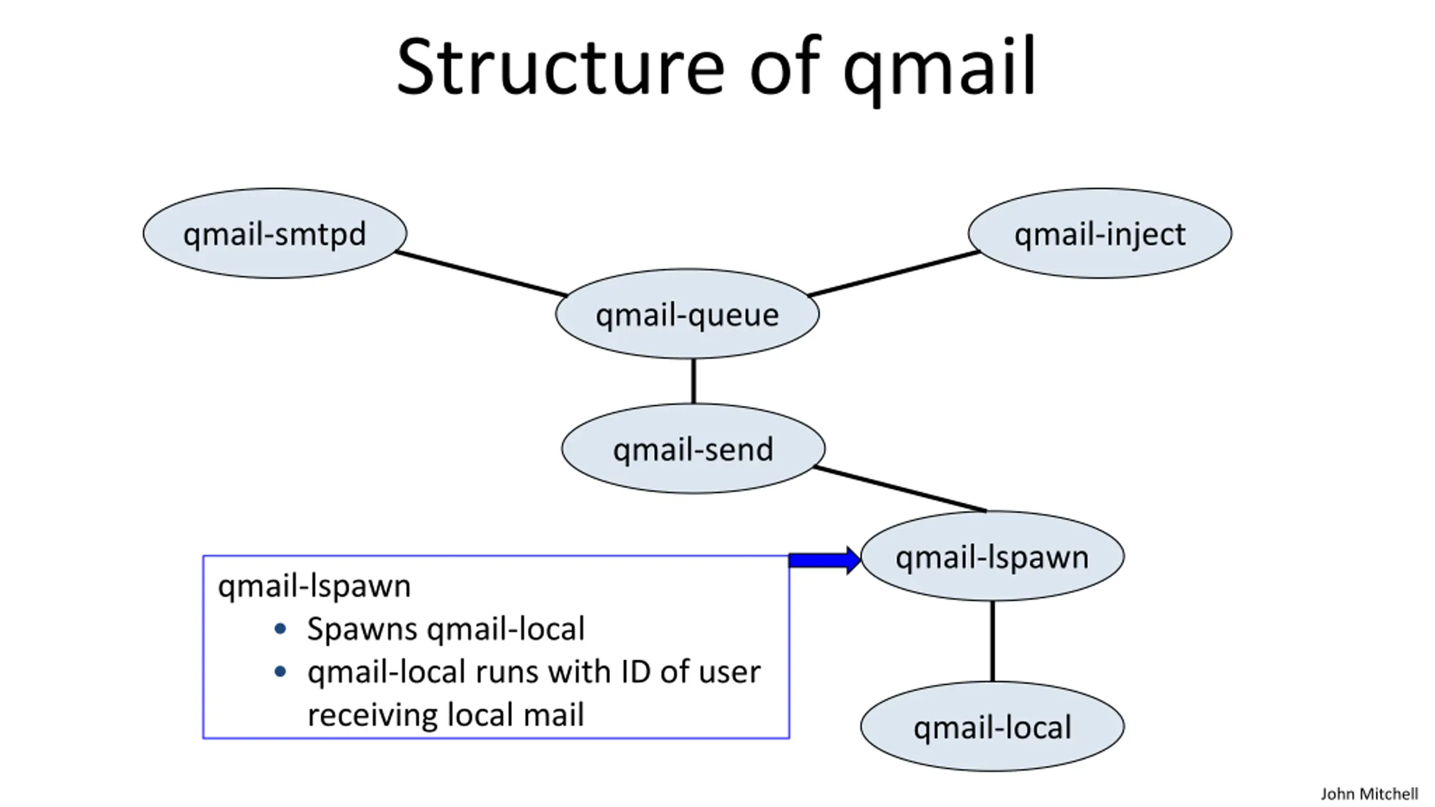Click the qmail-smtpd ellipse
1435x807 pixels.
275,233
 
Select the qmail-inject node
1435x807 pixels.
1100,233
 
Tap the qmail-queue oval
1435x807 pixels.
687,314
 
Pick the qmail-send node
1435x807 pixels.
693,448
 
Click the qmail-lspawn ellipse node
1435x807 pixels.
992,556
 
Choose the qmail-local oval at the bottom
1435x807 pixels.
992,726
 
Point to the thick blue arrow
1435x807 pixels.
825,560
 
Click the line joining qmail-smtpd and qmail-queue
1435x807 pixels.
481,273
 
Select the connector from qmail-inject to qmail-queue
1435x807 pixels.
894,273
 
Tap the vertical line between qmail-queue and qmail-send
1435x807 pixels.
693,381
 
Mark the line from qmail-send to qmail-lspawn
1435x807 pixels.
900,489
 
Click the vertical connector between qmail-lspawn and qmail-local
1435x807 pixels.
992,641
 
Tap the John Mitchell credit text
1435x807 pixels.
1369,794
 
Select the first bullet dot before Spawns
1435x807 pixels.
280,629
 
